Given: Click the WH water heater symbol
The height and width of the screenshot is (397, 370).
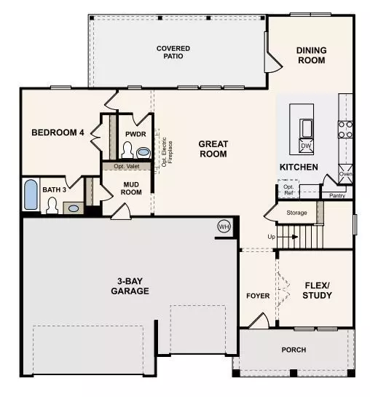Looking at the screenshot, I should pos(224,227).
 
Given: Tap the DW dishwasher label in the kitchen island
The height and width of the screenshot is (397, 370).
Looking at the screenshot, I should pos(306,146).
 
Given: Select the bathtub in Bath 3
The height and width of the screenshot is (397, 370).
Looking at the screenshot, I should pos(31,194).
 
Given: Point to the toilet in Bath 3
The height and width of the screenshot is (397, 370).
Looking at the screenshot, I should pos(52,207).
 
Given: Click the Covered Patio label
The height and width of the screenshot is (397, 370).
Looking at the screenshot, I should pos(173,52).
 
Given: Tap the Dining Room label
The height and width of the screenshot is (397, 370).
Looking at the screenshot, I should pos(311,55).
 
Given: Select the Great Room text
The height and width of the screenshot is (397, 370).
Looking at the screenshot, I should pos(213,149).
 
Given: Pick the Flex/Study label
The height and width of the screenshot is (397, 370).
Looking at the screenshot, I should pos(317,290).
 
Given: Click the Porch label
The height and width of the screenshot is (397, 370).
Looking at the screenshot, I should pos(294,350).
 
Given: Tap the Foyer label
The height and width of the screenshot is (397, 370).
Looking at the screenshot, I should pos(258,296).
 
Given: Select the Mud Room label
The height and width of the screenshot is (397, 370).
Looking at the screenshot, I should pos(132,189).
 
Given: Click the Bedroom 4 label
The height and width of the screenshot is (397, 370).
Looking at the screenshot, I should pos(58,133).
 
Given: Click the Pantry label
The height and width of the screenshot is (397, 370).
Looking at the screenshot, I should pos(336,195).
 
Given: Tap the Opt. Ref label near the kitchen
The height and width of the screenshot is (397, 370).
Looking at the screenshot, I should pos(289,189).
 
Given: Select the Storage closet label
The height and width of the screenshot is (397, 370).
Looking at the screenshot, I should pos(297,213).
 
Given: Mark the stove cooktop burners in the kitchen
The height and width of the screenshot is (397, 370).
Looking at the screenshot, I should pos(345,129).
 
